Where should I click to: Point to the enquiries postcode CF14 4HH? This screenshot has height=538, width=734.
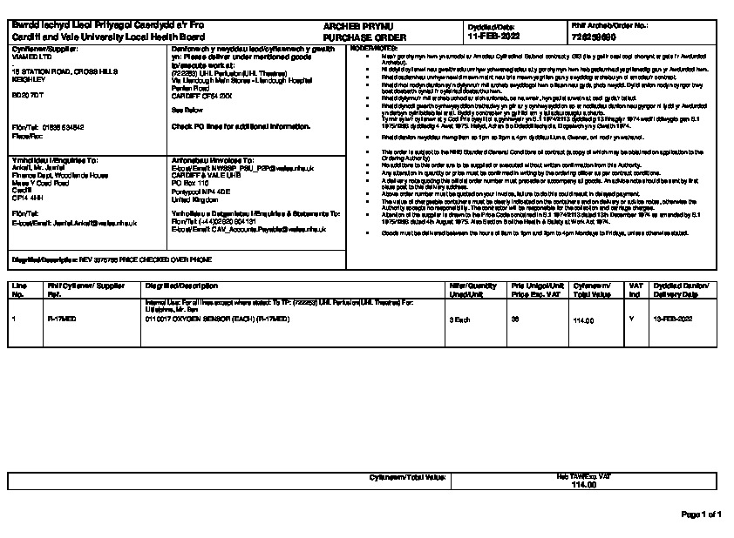click(x=27, y=198)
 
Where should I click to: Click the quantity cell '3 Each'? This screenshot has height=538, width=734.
click(x=459, y=320)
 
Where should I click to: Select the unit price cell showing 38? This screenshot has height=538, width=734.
click(x=515, y=320)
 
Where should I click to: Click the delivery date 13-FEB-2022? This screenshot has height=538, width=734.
click(x=673, y=320)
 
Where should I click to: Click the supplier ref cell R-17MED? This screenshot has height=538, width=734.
click(x=61, y=320)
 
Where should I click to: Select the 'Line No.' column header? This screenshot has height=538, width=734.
click(x=18, y=290)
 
